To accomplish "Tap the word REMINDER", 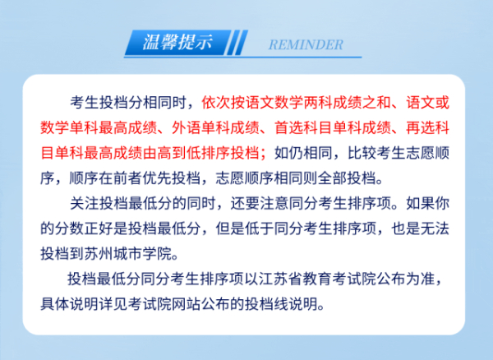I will coord(306,44).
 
